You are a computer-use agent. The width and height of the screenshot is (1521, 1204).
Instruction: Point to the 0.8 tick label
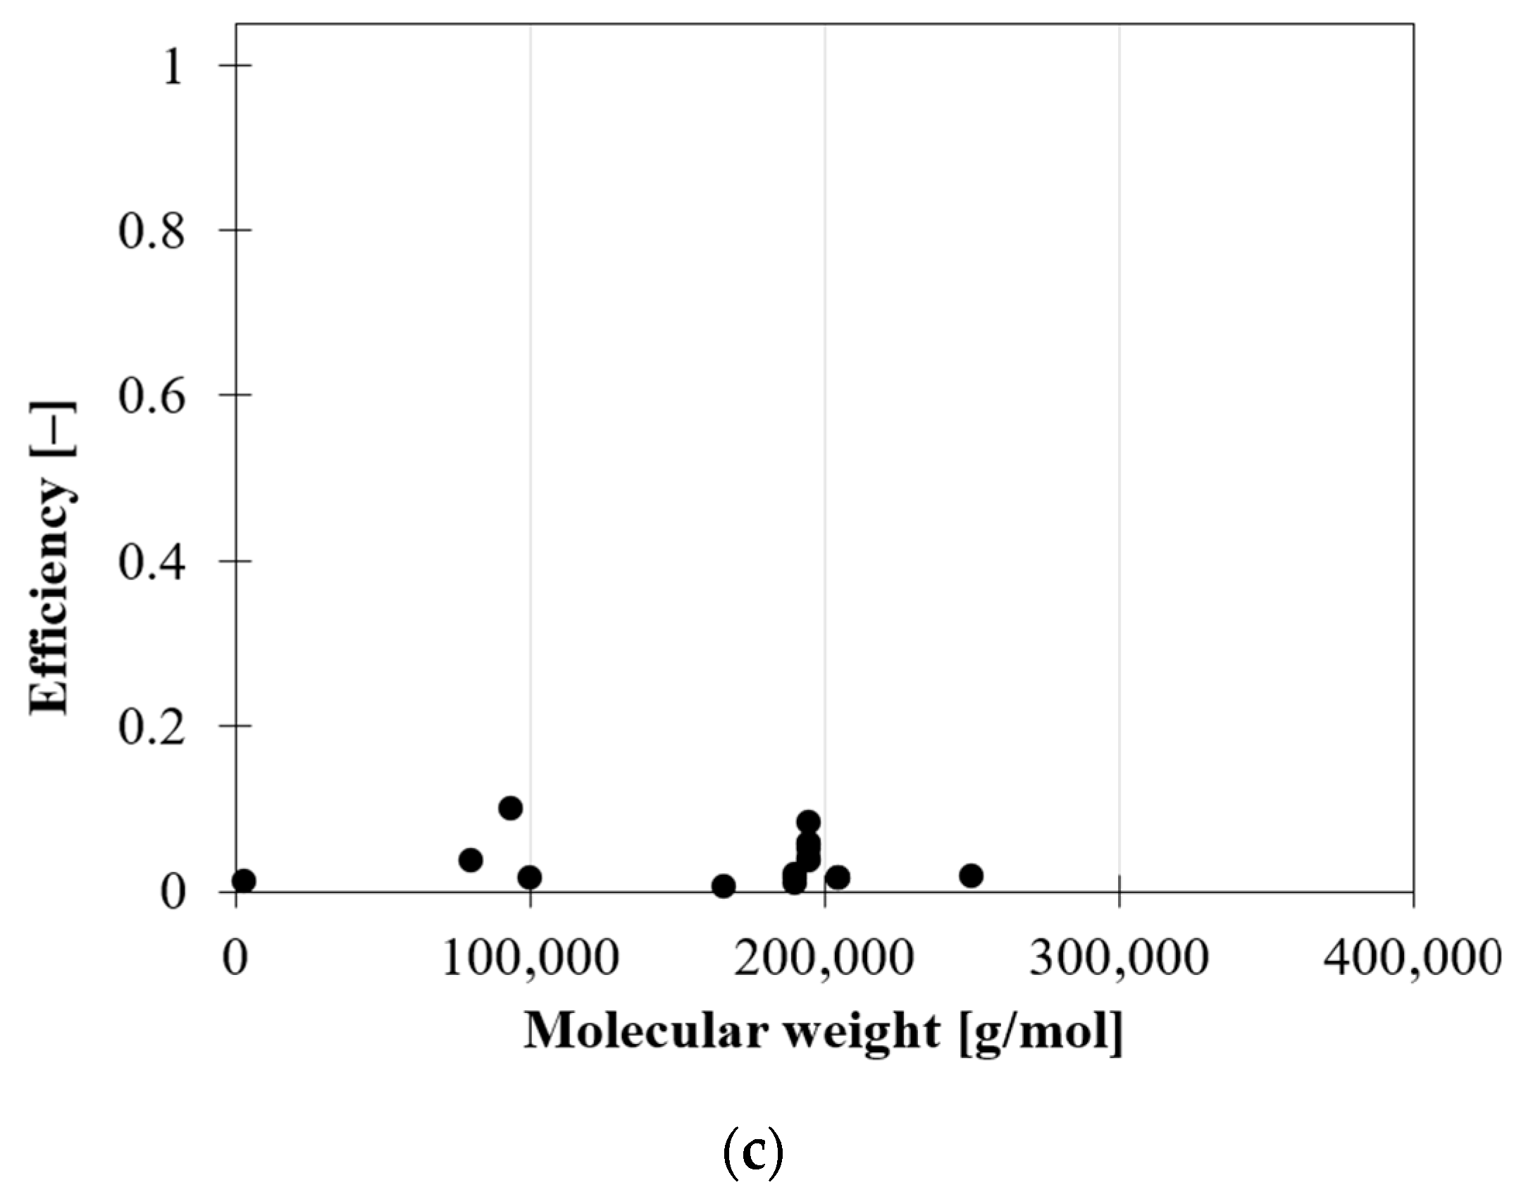click(151, 233)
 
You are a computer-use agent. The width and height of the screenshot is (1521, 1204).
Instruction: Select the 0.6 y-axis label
click(151, 397)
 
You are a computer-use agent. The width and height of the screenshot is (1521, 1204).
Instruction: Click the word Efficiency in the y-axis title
click(51, 598)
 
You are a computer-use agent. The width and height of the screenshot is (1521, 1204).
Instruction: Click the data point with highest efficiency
click(511, 808)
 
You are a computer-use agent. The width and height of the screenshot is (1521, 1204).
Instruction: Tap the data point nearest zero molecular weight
click(243, 880)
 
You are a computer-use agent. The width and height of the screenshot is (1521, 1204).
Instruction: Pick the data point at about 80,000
click(471, 860)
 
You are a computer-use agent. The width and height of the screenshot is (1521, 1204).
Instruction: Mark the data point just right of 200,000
click(838, 878)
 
